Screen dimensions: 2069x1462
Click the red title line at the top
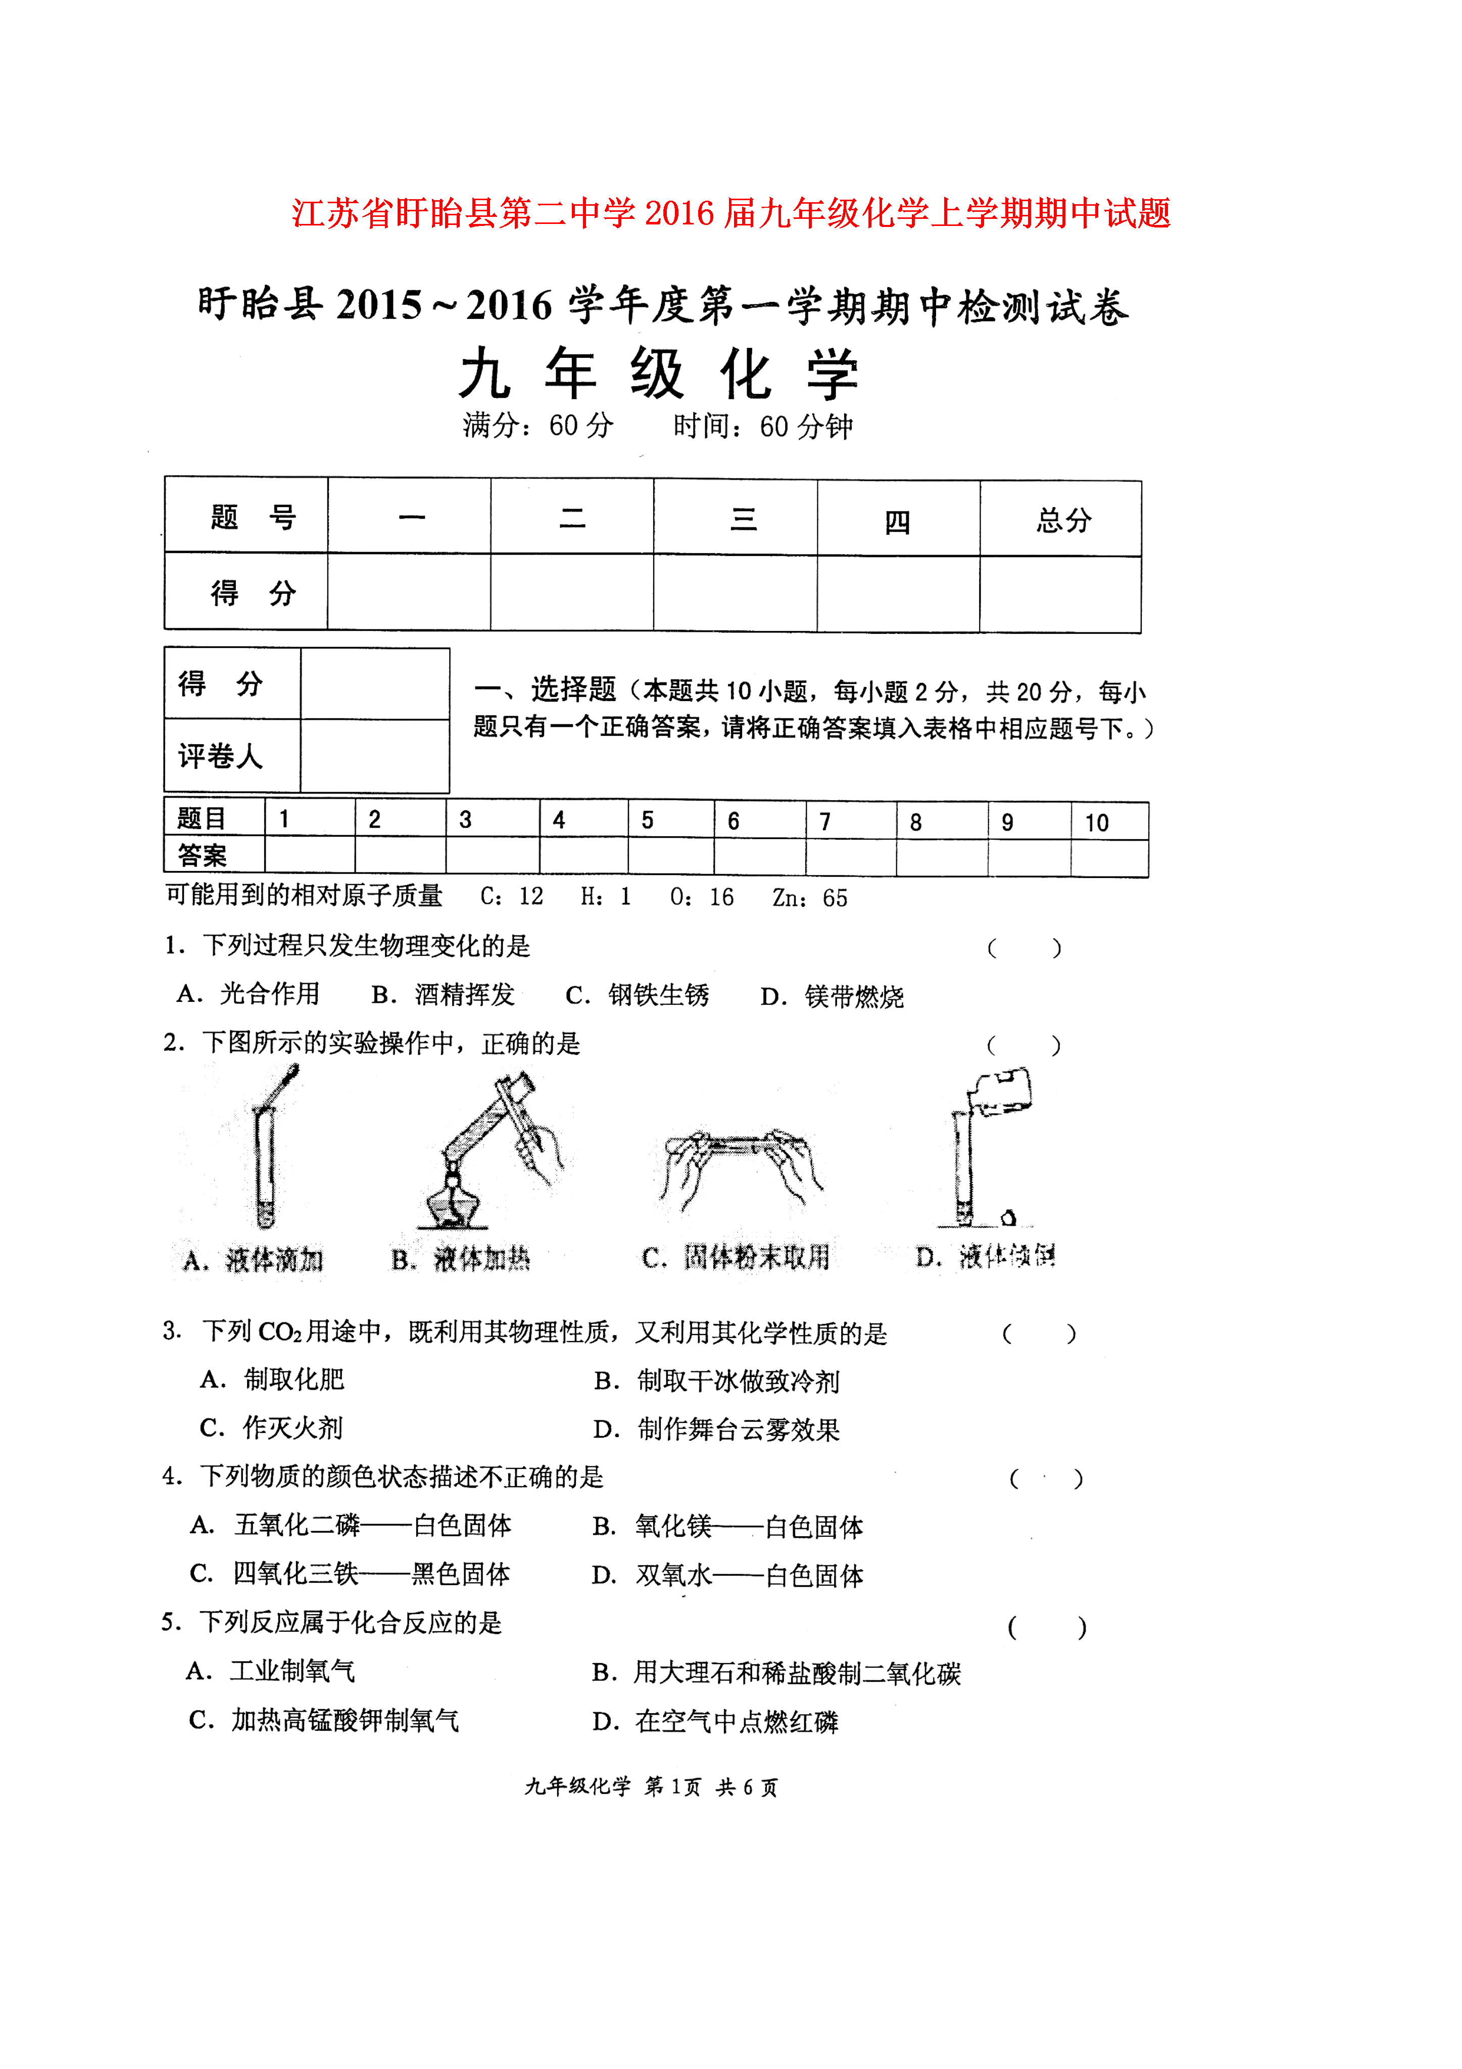(730, 213)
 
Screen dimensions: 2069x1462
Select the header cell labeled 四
(897, 520)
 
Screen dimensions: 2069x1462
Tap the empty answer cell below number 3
(492, 856)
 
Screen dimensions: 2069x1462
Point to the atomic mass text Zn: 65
(809, 898)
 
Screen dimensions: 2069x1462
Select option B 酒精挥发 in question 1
(443, 994)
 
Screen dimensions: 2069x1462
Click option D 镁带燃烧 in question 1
(832, 996)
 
